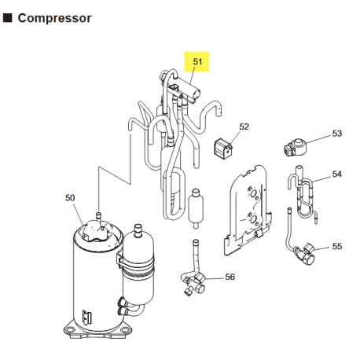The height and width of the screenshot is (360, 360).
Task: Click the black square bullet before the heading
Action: pyautogui.click(x=7, y=17)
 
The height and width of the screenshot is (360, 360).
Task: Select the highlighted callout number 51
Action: pyautogui.click(x=197, y=61)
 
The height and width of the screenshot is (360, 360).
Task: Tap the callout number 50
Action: pyautogui.click(x=71, y=198)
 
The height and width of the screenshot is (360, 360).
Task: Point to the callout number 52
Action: pyautogui.click(x=244, y=127)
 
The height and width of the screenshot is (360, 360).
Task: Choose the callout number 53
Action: pyautogui.click(x=336, y=134)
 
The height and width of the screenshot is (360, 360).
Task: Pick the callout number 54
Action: pyautogui.click(x=336, y=174)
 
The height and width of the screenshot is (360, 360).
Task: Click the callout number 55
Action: pyautogui.click(x=336, y=246)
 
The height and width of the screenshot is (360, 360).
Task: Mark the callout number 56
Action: pyautogui.click(x=230, y=277)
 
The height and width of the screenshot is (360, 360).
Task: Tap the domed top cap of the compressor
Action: pyautogui.click(x=97, y=229)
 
